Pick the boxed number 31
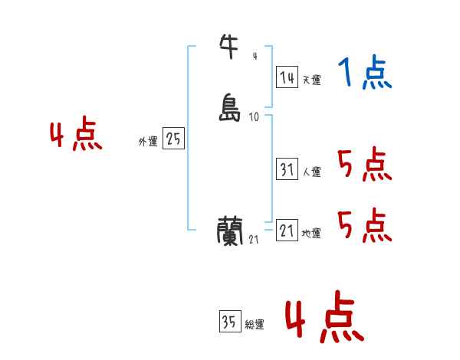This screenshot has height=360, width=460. point(287,170)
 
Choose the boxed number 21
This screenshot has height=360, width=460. point(287,231)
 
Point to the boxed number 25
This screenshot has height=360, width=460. point(173,139)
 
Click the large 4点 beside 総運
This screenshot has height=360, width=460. point(324,318)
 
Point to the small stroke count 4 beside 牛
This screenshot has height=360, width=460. point(255,55)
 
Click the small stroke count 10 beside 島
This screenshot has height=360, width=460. point(255,117)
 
